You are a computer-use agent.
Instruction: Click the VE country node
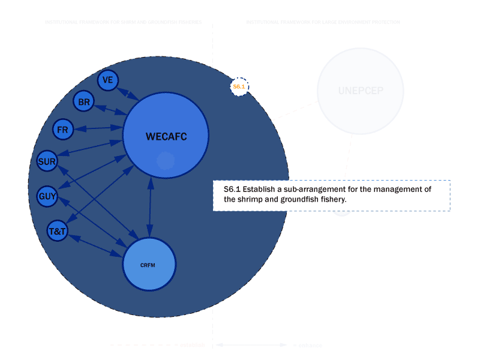(108, 80)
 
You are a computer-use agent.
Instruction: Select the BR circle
(83, 103)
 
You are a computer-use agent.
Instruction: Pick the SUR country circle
(47, 161)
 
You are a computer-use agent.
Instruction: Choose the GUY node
(47, 196)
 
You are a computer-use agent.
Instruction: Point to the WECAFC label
(166, 137)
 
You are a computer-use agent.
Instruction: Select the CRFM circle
(149, 264)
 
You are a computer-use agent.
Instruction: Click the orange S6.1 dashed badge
(239, 87)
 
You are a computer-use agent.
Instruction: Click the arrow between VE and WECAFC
(128, 94)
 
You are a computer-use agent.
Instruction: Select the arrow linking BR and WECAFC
(110, 110)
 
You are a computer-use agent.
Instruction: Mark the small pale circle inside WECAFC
(166, 161)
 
